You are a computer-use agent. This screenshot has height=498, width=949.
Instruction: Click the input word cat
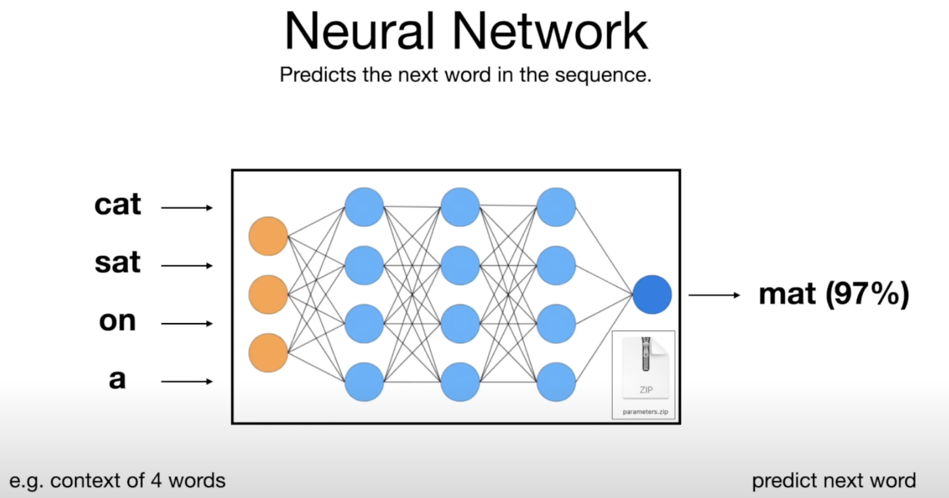pos(117,205)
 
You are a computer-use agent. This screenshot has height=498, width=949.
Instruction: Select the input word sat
pos(117,263)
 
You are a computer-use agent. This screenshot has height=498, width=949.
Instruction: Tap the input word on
pos(117,321)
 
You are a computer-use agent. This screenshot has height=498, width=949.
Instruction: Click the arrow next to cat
pos(187,207)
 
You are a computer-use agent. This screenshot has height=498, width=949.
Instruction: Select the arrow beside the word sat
pos(187,266)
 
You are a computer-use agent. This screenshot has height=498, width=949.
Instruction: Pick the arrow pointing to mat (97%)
pos(714,295)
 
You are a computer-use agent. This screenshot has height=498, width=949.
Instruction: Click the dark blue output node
pos(652,295)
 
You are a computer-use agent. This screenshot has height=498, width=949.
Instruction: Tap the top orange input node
pos(268,236)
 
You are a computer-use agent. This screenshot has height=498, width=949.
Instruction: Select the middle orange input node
pos(268,295)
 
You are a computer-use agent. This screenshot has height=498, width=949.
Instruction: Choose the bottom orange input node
pos(268,353)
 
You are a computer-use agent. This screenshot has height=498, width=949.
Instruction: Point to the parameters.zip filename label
pos(645,411)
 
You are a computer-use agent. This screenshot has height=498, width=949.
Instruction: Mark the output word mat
pos(787,295)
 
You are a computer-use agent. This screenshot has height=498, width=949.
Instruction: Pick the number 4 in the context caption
pos(156,480)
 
